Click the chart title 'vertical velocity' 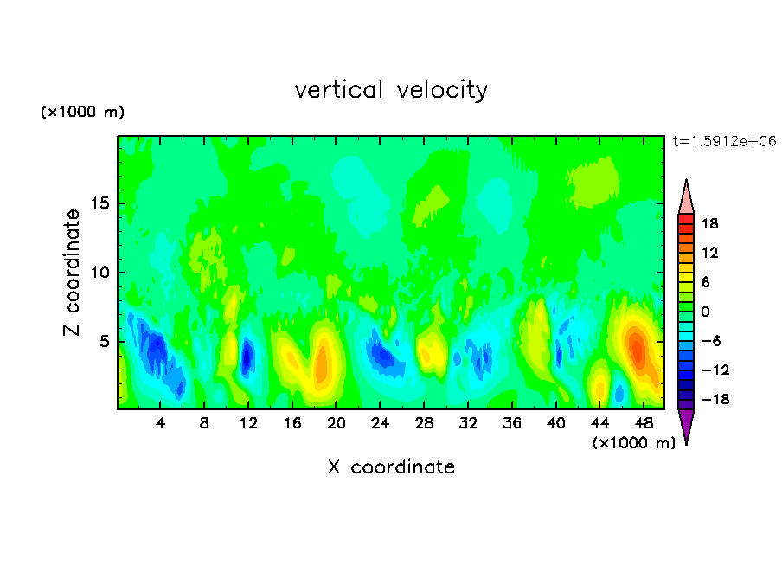[x=391, y=91]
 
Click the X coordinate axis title [x=391, y=466]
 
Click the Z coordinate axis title [x=72, y=273]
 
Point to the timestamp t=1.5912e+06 [x=724, y=141]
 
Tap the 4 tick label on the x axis [x=160, y=423]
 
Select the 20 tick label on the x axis [x=336, y=423]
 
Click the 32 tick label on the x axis [x=468, y=423]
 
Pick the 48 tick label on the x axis [x=644, y=423]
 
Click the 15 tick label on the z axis [x=99, y=203]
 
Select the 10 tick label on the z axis [x=99, y=273]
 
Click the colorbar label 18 [x=709, y=223]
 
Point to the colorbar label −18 [x=715, y=399]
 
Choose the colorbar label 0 [x=705, y=312]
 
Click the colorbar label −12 [x=715, y=370]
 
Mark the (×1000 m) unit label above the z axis [x=82, y=112]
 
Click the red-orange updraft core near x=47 [x=637, y=348]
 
